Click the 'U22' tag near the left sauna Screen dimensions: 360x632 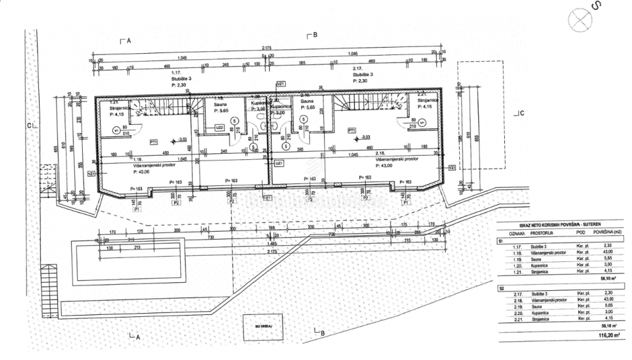click(x=219, y=128)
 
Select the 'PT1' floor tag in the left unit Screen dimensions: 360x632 click(x=154, y=141)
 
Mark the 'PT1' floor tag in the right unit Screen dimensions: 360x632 click(x=351, y=130)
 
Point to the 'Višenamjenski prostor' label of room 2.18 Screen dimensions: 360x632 click(x=396, y=158)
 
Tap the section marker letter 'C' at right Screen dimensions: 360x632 click(x=521, y=113)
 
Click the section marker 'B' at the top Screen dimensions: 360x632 click(x=315, y=35)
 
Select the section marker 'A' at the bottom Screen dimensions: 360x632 click(x=138, y=337)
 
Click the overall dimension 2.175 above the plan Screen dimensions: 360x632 click(x=267, y=48)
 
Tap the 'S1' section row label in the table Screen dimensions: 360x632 click(x=501, y=241)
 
